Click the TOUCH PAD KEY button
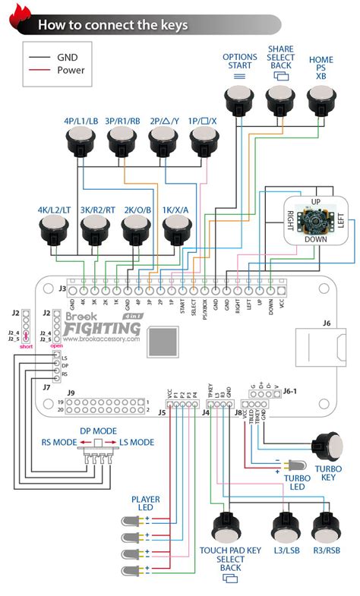click(226, 528)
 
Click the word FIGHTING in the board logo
click(102, 329)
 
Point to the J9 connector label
click(71, 393)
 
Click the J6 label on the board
click(327, 322)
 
